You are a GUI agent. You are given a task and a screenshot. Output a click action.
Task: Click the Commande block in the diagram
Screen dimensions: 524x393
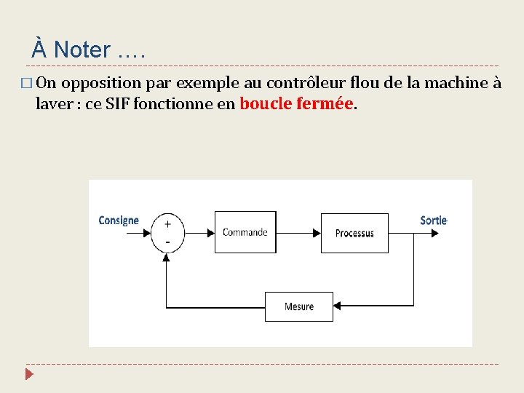(245, 232)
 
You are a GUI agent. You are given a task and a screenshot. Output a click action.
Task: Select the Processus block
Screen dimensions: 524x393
(354, 233)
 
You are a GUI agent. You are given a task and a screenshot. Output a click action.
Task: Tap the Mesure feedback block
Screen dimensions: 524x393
(298, 306)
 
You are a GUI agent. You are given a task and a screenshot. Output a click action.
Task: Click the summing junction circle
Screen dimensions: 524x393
(167, 233)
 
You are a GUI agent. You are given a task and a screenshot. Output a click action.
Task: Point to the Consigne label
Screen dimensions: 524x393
(119, 220)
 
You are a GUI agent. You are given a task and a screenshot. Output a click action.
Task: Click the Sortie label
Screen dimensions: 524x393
(434, 220)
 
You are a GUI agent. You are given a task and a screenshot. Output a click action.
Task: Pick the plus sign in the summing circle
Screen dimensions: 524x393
(167, 224)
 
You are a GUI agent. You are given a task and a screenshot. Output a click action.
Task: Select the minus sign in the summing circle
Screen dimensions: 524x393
(167, 241)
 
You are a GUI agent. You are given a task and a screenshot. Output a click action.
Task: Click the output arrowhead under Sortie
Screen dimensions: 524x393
(435, 233)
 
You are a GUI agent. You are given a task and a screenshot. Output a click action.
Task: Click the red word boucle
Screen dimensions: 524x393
(266, 103)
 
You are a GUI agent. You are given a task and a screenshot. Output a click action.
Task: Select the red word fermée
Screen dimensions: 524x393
(325, 103)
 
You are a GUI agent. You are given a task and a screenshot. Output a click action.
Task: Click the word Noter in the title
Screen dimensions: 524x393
(82, 50)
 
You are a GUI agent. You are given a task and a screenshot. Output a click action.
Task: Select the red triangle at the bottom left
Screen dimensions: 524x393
(28, 375)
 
